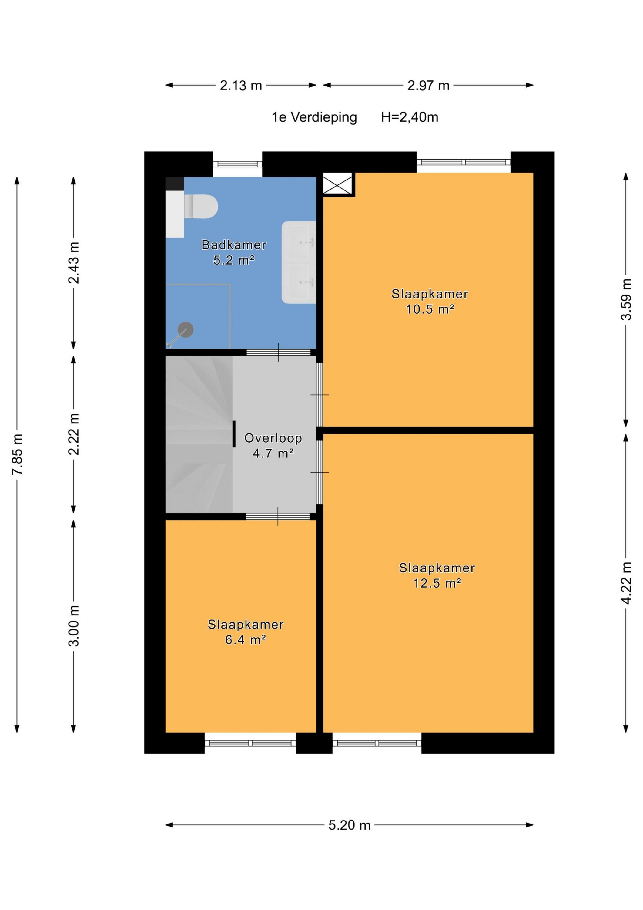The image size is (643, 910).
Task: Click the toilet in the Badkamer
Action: [201, 206]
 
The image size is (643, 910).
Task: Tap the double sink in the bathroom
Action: [299, 262]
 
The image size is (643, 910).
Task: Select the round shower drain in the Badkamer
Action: [186, 330]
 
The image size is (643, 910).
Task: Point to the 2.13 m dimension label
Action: [241, 85]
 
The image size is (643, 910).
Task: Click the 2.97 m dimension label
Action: [428, 85]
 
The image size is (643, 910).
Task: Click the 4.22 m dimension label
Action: [626, 583]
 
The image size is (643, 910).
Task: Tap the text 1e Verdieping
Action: [314, 117]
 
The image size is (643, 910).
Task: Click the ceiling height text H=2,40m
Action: [410, 117]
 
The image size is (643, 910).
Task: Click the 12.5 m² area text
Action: [437, 583]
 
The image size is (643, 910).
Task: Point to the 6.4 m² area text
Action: [245, 640]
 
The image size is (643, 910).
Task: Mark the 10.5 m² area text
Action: [430, 309]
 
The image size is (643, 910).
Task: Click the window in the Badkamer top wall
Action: [238, 164]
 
